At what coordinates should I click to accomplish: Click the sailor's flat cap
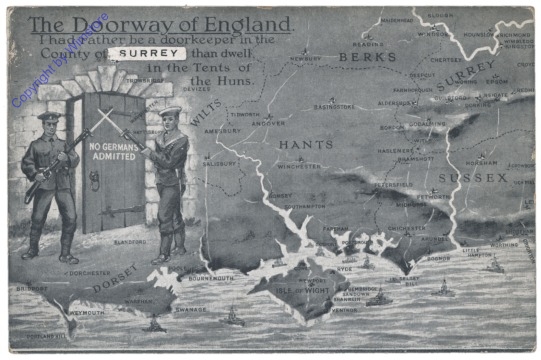click(x=170, y=112)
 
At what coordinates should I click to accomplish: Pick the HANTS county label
click(x=305, y=145)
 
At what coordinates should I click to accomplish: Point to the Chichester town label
click(x=407, y=227)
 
